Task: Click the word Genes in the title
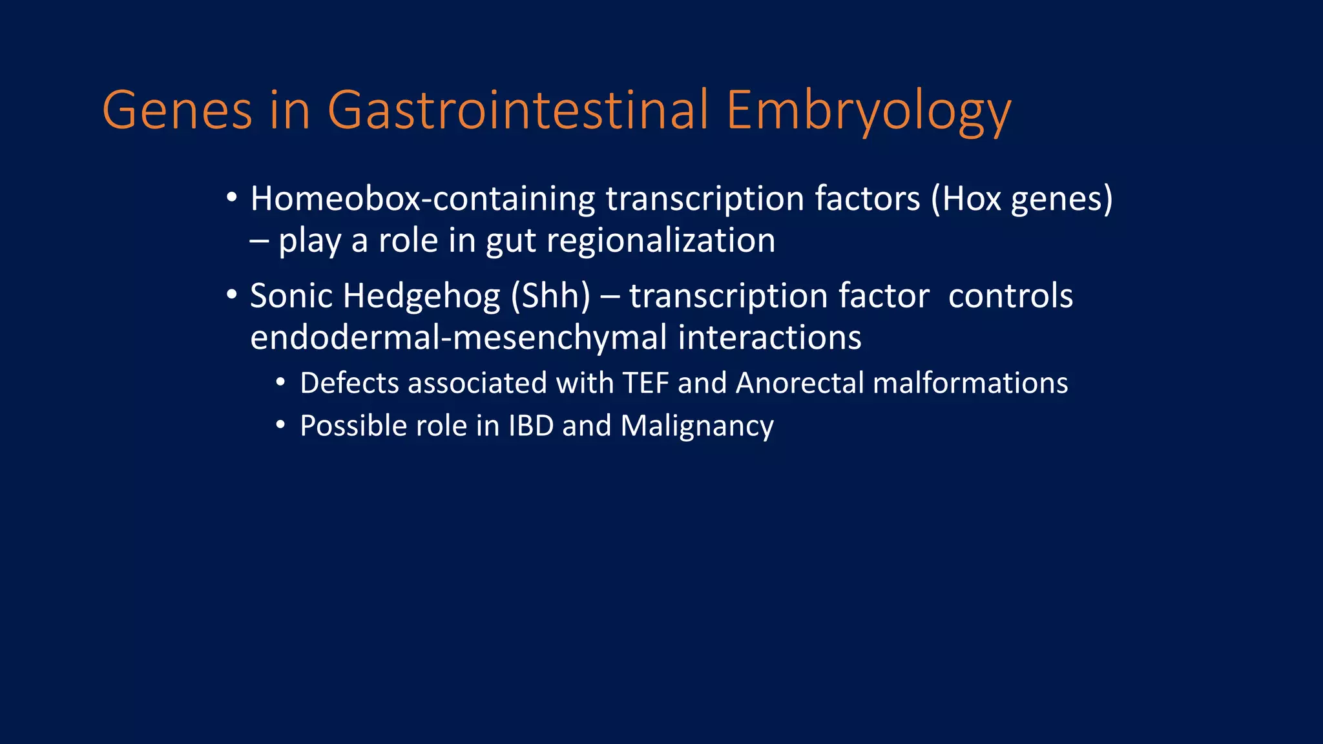176,110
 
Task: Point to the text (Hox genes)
1022,200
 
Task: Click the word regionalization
661,241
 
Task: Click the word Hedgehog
421,297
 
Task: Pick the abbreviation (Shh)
550,296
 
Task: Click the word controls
1010,296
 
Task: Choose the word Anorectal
800,383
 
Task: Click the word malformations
970,383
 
